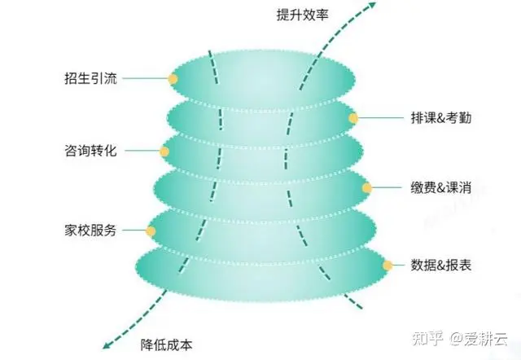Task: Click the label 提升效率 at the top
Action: point(302,15)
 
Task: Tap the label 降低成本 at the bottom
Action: point(166,345)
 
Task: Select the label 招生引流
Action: point(90,78)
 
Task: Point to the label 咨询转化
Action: point(90,150)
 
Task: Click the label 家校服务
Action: point(90,230)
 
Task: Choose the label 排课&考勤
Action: point(441,117)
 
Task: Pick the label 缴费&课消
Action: point(441,188)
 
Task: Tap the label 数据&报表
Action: point(441,266)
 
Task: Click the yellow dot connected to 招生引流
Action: point(173,79)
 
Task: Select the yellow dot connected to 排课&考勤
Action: point(353,118)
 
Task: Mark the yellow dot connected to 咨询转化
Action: point(164,151)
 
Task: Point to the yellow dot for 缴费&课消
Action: point(367,188)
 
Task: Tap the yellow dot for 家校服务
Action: point(151,231)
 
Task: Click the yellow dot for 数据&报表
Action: point(387,266)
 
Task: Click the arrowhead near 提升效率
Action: point(371,6)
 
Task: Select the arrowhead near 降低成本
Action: point(107,345)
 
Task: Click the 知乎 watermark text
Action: point(427,339)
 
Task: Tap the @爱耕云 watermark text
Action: point(479,339)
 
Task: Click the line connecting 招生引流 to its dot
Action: point(145,79)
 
